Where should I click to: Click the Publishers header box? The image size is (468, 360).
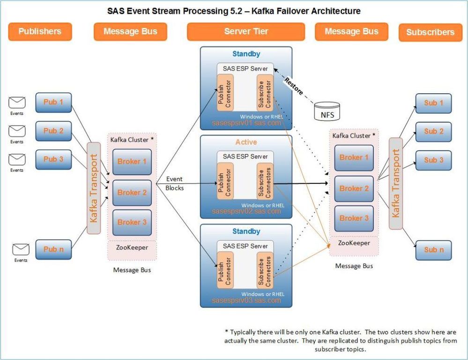(40, 32)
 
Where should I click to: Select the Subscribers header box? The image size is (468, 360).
(430, 32)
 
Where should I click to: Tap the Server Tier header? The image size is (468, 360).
(246, 32)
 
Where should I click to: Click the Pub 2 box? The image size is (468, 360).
(53, 131)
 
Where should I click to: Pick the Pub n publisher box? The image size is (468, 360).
(53, 249)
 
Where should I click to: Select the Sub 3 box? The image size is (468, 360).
(433, 160)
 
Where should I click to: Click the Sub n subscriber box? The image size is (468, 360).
(433, 250)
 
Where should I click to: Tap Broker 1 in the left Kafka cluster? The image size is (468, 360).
(132, 162)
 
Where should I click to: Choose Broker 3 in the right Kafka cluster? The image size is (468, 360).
(354, 218)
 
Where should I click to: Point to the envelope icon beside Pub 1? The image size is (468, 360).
(17, 103)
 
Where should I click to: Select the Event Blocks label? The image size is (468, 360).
(174, 183)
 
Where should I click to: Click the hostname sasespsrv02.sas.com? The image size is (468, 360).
(246, 211)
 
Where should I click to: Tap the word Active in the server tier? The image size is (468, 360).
(246, 142)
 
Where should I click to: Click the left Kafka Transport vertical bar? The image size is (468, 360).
(94, 187)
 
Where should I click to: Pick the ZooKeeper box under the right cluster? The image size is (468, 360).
(354, 243)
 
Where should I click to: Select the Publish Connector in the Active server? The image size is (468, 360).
(224, 181)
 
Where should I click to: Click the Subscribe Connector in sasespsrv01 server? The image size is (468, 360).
(265, 93)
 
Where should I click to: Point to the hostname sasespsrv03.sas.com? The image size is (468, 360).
(246, 300)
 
